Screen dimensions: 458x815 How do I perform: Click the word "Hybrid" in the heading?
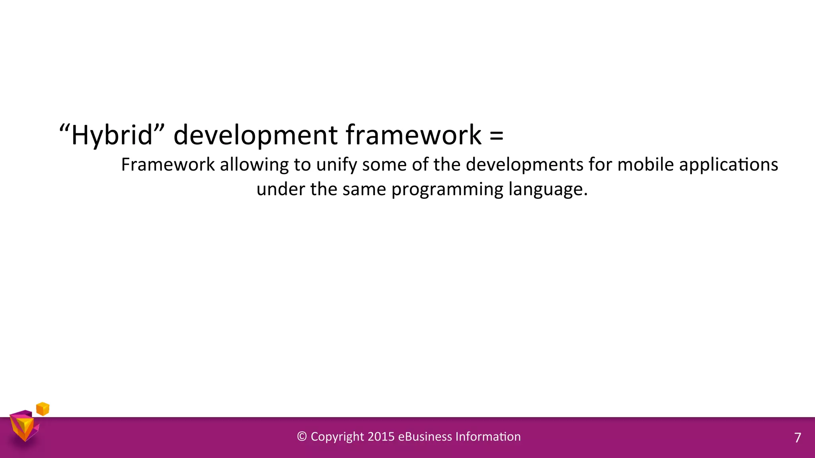tap(111, 135)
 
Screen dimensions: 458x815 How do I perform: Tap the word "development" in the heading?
tap(255, 135)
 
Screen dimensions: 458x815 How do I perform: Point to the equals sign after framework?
tap(496, 135)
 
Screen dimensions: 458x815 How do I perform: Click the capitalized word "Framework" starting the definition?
tap(168, 165)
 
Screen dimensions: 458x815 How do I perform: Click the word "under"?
tap(281, 189)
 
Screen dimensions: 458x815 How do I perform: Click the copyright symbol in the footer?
tap(302, 437)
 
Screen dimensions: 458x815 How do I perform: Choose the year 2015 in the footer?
tap(381, 437)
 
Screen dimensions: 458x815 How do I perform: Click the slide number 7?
tap(797, 438)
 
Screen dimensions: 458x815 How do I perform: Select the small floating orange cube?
tap(43, 409)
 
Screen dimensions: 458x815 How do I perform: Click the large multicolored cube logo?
tap(24, 426)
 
